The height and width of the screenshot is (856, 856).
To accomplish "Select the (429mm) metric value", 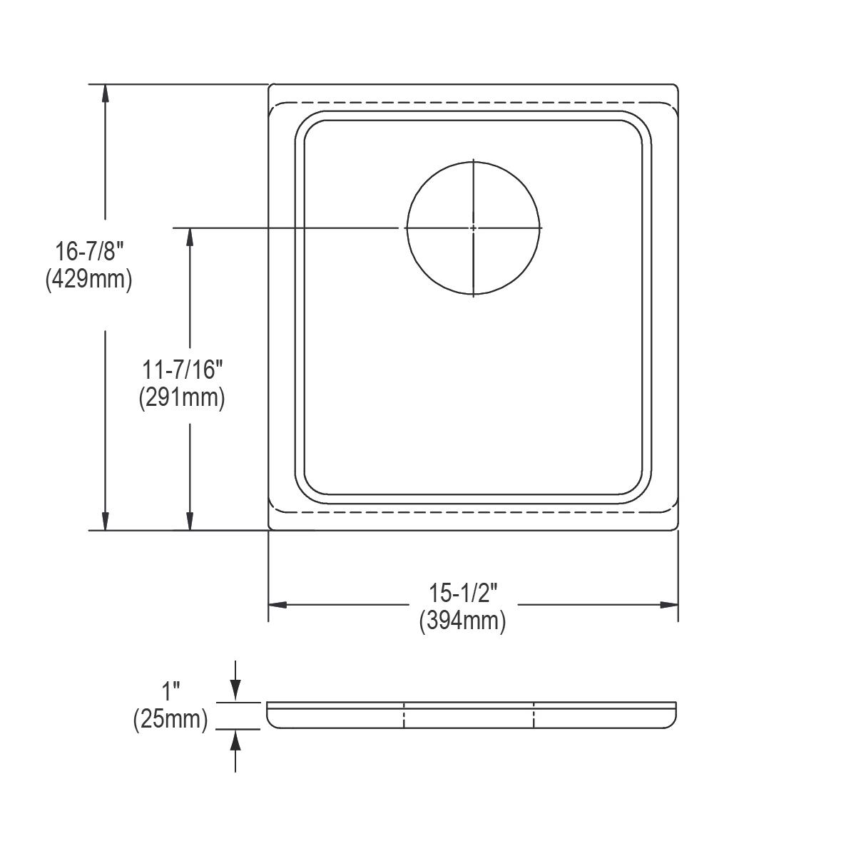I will point(89,279).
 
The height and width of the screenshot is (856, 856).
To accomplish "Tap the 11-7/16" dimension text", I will point(182,371).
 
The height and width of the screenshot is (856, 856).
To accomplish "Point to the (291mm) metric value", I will point(182,397).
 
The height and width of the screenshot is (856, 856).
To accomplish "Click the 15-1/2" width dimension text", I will point(462,593).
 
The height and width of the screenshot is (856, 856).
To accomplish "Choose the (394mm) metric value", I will point(462,621).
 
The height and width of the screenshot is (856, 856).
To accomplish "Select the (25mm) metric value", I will point(170,719).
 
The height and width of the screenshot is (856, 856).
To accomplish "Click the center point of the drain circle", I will point(474,228).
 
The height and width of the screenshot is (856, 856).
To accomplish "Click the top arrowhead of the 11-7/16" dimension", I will point(190,238).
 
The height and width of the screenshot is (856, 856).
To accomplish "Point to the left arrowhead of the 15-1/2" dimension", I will point(277,605).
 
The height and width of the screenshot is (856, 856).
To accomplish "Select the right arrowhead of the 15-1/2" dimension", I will point(668,605).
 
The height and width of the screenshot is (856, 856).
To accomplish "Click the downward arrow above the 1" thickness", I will point(236,693).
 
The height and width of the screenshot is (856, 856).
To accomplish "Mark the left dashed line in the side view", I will point(404,715).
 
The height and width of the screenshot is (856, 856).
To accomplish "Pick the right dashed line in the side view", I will point(534,715).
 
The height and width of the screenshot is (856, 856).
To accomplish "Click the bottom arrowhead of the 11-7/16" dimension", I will point(190,521).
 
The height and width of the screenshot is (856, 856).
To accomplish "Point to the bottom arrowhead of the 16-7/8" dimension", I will point(106,521).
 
